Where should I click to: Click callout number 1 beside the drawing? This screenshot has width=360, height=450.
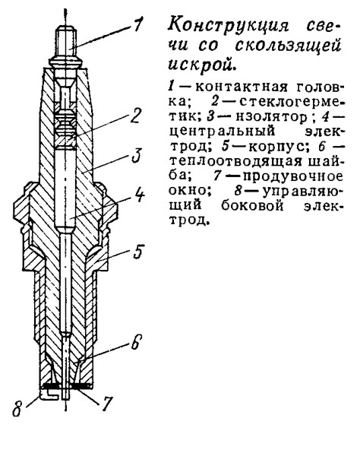[x=137, y=24]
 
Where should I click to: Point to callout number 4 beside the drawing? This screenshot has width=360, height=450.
[x=140, y=195]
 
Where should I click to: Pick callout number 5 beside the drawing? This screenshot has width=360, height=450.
[x=138, y=252]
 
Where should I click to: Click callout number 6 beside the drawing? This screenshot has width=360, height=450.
[x=136, y=342]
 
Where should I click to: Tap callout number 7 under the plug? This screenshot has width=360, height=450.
[x=106, y=404]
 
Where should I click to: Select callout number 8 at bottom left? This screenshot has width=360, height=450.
[x=17, y=408]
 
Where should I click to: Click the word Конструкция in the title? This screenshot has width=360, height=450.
[x=228, y=27]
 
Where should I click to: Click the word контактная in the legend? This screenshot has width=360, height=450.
[x=241, y=87]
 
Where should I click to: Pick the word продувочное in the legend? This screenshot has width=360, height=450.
[x=292, y=176]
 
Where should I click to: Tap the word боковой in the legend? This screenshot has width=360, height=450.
[x=253, y=206]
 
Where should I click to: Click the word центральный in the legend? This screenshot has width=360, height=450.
[x=222, y=132]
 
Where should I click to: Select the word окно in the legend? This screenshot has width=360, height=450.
[x=189, y=190]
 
